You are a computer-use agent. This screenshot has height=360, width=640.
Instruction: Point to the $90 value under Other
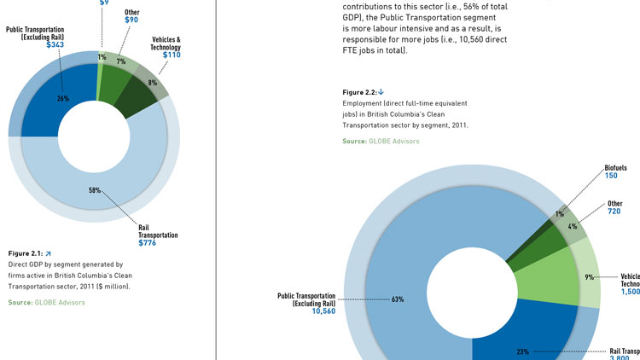pyautogui.click(x=133, y=20)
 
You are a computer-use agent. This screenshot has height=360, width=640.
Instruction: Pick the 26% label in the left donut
pyautogui.click(x=62, y=97)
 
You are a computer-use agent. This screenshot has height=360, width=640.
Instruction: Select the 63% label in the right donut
pyautogui.click(x=398, y=299)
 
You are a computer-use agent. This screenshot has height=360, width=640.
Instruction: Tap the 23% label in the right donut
pyautogui.click(x=524, y=351)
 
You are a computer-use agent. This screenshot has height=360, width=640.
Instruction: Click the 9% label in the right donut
pyautogui.click(x=590, y=277)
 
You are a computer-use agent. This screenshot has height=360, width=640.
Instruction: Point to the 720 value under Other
pyautogui.click(x=614, y=211)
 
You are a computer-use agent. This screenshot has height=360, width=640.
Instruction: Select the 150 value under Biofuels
pyautogui.click(x=612, y=175)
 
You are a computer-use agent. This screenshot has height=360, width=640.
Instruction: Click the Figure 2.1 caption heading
pyautogui.click(x=25, y=253)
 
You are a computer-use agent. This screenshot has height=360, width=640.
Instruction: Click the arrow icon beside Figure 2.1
pyautogui.click(x=49, y=253)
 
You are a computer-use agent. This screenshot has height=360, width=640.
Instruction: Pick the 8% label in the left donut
pyautogui.click(x=152, y=83)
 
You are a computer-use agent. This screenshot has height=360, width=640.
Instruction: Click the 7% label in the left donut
pyautogui.click(x=122, y=62)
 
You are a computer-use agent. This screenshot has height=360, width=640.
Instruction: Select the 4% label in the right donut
pyautogui.click(x=572, y=227)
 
